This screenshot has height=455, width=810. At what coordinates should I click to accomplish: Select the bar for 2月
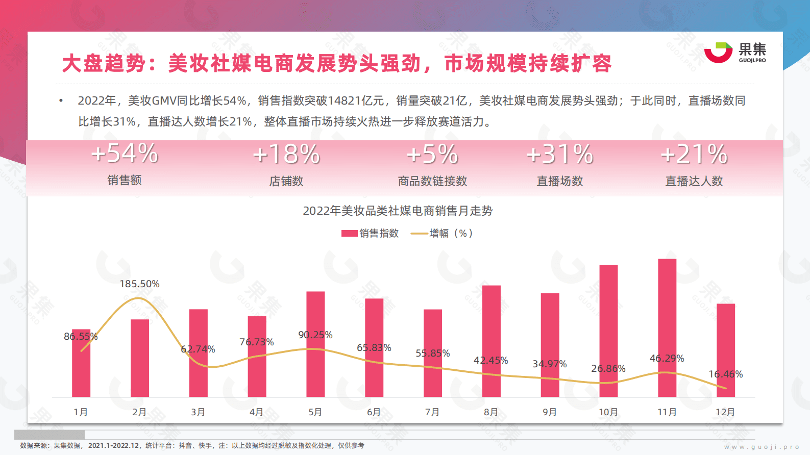click(x=140, y=358)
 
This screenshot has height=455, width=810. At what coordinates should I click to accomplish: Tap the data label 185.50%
click(x=139, y=284)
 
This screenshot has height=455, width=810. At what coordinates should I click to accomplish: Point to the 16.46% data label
click(x=725, y=374)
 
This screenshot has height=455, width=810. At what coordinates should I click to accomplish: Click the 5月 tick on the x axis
click(x=315, y=412)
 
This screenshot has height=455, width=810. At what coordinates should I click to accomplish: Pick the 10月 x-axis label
click(x=608, y=412)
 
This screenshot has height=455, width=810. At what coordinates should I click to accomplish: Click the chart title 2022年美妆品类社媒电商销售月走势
click(x=398, y=211)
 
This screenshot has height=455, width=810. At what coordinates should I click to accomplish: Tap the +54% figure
click(x=125, y=154)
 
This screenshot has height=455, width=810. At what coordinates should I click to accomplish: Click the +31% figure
click(x=559, y=155)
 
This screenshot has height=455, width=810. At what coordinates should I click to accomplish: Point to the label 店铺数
click(x=286, y=181)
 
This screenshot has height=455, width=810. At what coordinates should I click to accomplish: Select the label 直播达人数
click(x=694, y=181)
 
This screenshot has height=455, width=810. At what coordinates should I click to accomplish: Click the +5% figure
click(x=432, y=155)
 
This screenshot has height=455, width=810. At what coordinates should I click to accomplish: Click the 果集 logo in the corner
click(x=735, y=53)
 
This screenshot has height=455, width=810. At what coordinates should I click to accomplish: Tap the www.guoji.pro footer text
click(x=762, y=447)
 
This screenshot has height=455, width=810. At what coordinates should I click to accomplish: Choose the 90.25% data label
click(x=315, y=335)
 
